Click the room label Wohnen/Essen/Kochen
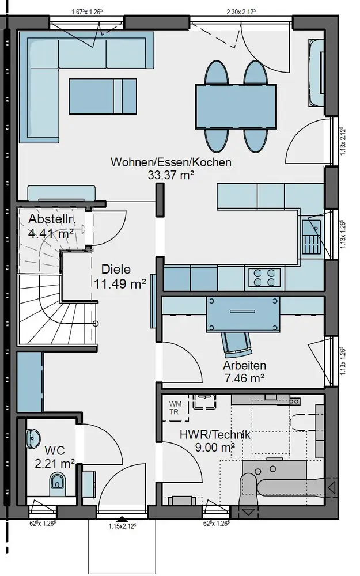coord(171,162)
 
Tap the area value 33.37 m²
coord(171,175)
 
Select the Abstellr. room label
coord(52,219)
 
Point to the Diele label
coord(116,269)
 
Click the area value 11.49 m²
coord(120,283)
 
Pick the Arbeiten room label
coord(244,366)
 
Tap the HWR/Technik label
coord(215,434)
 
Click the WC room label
coord(55,450)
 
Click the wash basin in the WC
coord(33,438)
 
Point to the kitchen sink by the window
coord(312,237)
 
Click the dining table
coord(236,107)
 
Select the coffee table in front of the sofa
coord(103,97)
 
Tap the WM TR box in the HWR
coord(176,408)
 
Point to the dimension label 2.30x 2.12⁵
coord(241,12)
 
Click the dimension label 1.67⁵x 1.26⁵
coord(88,12)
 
